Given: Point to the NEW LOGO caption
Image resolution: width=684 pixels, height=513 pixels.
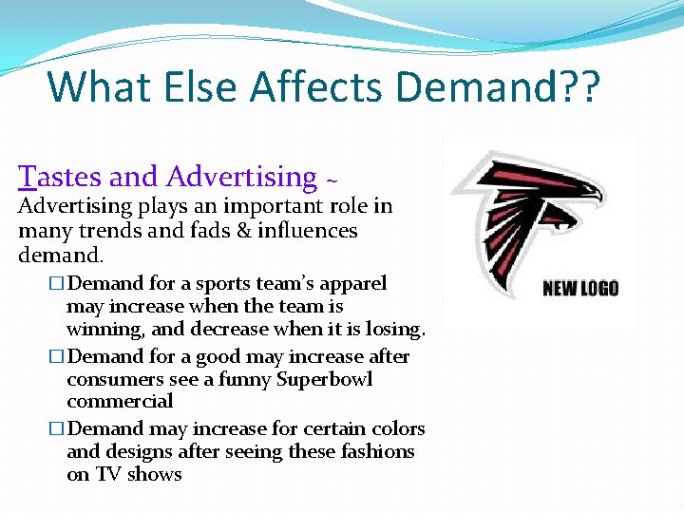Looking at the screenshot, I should point(579,288).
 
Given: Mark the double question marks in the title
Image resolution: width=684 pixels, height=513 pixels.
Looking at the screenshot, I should point(578,86).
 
